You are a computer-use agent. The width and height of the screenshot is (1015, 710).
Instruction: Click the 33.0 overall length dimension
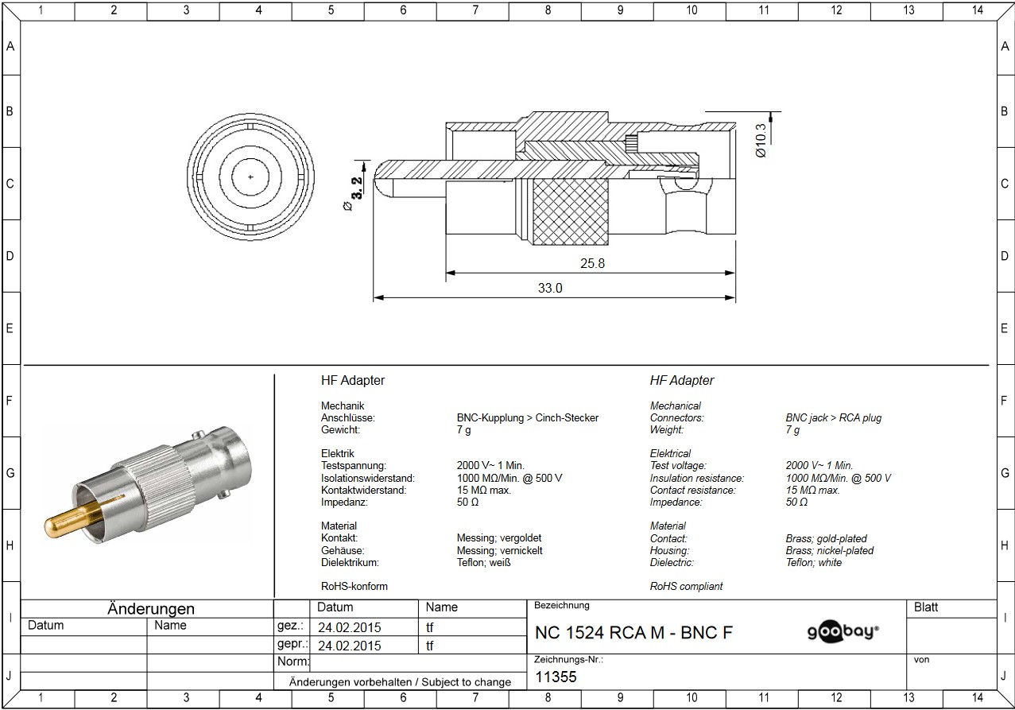pos(550,288)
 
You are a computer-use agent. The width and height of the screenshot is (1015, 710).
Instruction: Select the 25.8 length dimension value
pos(592,263)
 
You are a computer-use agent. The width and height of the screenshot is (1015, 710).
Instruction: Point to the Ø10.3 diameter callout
pos(761,141)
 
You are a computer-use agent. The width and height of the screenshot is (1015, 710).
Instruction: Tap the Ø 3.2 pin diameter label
pos(354,193)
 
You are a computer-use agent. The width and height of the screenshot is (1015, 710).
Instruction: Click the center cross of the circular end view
pos(250,177)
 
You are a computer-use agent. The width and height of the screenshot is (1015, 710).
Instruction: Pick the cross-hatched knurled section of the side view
pos(571,211)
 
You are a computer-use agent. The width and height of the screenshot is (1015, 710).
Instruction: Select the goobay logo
pos(843,631)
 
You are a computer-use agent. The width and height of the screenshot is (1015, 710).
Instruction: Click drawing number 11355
pos(556,677)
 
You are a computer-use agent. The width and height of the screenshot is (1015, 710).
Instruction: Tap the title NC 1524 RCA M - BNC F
pos(633,632)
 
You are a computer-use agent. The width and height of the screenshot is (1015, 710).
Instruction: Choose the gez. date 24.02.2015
pos(350,627)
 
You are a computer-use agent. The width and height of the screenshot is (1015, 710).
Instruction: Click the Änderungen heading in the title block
pos(151,608)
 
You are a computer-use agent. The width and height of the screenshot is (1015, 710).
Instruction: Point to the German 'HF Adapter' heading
pos(353,380)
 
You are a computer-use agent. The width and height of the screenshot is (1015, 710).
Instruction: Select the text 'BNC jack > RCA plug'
pos(833,418)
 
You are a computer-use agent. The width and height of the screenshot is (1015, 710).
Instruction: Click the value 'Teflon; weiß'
pos(483,562)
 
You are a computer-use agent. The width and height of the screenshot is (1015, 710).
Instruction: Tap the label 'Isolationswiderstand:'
pos(367,478)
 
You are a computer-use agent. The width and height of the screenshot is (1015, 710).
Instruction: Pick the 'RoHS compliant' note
pos(686,586)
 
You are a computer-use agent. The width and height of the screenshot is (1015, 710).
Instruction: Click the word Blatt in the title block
pos(926,607)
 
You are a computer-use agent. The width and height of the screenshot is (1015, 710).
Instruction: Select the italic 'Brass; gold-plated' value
pos(826,538)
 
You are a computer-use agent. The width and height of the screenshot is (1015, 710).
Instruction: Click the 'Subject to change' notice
pos(467,682)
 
